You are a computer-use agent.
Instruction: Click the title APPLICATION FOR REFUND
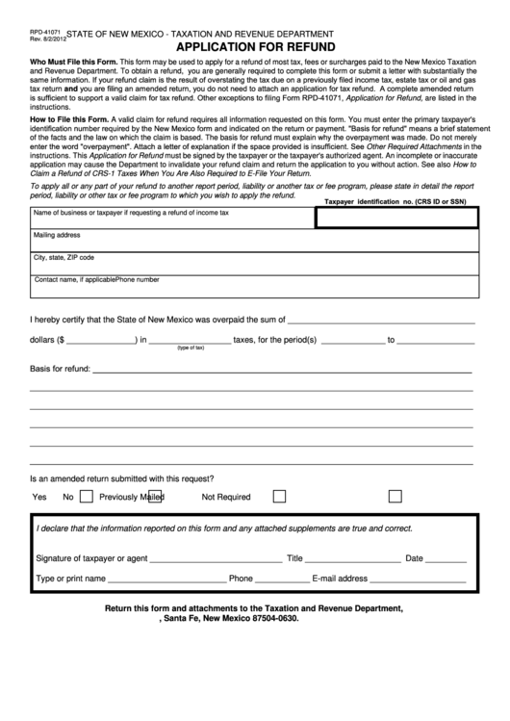pyautogui.click(x=255, y=46)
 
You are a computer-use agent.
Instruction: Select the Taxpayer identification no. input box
pyautogui.click(x=397, y=218)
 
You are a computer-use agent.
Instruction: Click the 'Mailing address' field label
pyautogui.click(x=57, y=235)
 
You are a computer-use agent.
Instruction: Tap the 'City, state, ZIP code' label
pyautogui.click(x=64, y=258)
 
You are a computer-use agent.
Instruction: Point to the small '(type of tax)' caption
pyautogui.click(x=191, y=348)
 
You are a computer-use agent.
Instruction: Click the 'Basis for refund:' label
pyautogui.click(x=61, y=369)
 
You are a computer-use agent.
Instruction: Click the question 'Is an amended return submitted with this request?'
pyautogui.click(x=122, y=477)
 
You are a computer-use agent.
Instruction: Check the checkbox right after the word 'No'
pyautogui.click(x=87, y=497)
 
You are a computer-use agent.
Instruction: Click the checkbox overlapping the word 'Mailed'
pyautogui.click(x=155, y=497)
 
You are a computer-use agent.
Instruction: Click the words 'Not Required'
pyautogui.click(x=225, y=498)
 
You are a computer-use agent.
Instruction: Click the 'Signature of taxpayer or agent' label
pyautogui.click(x=91, y=558)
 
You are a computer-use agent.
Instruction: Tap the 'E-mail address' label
pyautogui.click(x=340, y=579)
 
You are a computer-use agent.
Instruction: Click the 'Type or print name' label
pyautogui.click(x=70, y=579)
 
